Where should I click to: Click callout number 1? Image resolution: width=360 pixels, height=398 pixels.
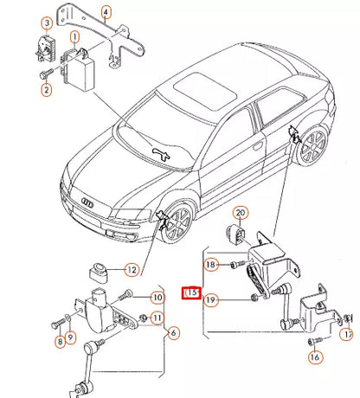[x=75, y=35]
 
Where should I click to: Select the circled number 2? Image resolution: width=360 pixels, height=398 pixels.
[x=46, y=89]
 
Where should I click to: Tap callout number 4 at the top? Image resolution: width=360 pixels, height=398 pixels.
[x=106, y=12]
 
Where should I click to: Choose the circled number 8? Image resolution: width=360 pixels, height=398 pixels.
[x=59, y=343]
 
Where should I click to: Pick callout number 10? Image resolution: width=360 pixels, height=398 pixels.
[x=157, y=298]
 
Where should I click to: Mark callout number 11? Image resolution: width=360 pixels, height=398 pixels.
[x=157, y=318]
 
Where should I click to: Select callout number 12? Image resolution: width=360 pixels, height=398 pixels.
[x=132, y=270]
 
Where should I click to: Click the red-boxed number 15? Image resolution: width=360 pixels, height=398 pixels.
[x=190, y=293]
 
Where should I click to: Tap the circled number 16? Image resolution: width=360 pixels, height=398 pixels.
[x=315, y=356]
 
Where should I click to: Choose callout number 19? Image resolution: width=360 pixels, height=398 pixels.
[x=210, y=299]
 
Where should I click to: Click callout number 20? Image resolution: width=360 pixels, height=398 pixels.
[x=241, y=212]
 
